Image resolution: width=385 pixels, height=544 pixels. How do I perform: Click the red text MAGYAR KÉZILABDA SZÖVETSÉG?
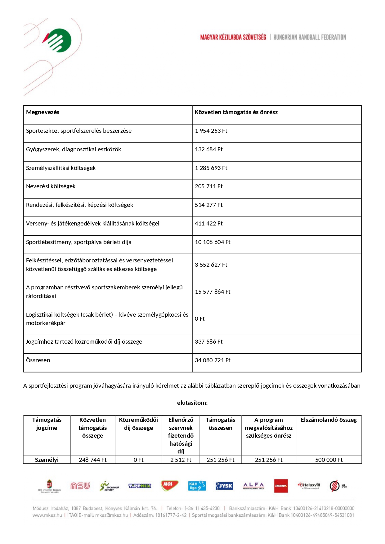pos(233,37)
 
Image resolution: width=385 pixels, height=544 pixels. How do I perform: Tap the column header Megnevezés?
pos(43,112)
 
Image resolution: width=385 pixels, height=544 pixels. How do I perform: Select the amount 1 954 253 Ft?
pos(211,131)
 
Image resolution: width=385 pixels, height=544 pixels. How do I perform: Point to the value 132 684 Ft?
pos(209,149)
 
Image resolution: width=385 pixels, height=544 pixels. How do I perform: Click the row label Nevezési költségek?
pos(51,186)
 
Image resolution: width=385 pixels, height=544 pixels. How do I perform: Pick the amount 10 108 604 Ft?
pos(213,242)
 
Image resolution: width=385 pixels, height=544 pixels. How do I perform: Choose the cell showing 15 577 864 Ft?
pos(213,292)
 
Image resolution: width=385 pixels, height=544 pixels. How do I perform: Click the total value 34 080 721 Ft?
pos(213,360)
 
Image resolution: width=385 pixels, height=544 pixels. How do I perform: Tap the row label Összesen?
pos(38,360)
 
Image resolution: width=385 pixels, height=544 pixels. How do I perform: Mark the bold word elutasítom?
pos(192,403)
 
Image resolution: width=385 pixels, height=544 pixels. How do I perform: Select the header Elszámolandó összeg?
pos(329,420)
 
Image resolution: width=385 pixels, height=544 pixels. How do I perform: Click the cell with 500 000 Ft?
pos(329,460)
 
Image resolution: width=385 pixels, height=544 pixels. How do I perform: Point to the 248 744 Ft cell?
pos(92,460)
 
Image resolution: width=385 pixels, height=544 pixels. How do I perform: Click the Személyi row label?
pos(47,460)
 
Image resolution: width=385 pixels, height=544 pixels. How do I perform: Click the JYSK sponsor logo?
pos(224,486)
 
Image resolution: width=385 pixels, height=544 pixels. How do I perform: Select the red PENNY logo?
pos(281,486)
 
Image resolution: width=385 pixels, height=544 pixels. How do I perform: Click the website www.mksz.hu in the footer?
pos(47,515)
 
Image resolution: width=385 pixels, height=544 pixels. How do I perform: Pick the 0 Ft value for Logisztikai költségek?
pos(200,319)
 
